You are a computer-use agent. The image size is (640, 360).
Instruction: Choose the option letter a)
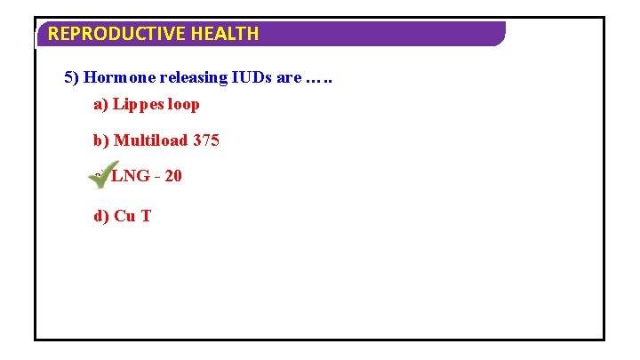[x=100, y=105]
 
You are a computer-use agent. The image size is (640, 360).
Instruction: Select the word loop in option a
[x=184, y=105]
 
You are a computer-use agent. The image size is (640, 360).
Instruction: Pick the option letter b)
[x=101, y=140]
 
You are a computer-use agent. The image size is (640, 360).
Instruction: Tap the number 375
[x=206, y=140]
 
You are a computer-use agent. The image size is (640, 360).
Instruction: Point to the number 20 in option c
[x=172, y=176]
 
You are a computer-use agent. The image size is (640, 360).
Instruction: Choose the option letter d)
[x=101, y=215]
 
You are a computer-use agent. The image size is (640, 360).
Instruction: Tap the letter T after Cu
[x=146, y=215]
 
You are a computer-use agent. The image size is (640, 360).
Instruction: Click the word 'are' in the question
[x=289, y=77]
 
